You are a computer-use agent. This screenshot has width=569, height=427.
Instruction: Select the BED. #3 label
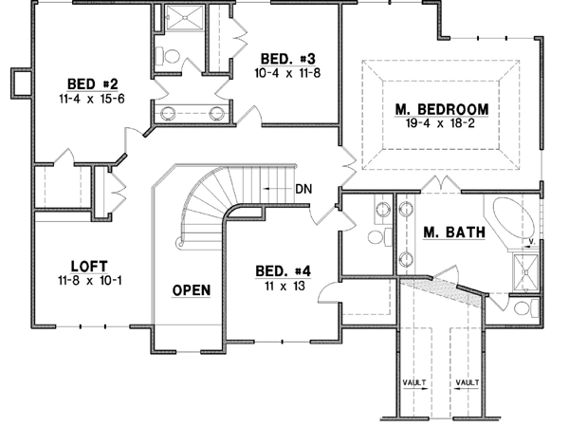click(x=285, y=58)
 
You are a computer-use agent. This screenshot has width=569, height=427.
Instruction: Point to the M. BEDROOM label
click(x=442, y=108)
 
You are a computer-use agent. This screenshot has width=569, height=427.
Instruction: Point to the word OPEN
click(x=191, y=289)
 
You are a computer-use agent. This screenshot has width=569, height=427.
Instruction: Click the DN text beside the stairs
click(x=303, y=189)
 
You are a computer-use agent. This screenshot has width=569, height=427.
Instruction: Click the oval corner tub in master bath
click(x=513, y=219)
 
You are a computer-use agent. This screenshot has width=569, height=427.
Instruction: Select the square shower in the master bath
click(x=523, y=270)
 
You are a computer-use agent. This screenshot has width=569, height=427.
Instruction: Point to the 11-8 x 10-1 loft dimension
click(x=87, y=281)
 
